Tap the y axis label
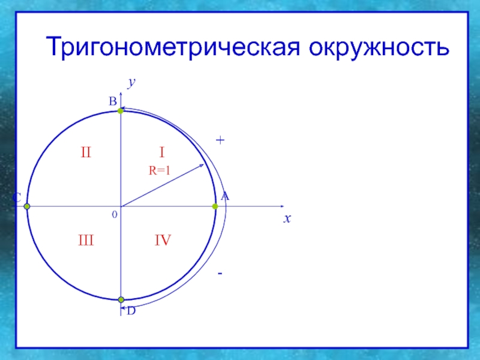coord(130,83)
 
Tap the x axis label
coord(287,219)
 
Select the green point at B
coord(121,111)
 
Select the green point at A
coord(215,206)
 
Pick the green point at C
coord(27,206)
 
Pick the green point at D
coord(121,299)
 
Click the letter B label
coord(112,103)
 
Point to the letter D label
coord(131,311)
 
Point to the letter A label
coord(225,196)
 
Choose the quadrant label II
coord(86,153)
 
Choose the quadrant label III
coord(86,241)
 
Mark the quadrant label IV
coord(163,241)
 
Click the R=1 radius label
coord(160,172)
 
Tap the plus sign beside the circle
coord(220,140)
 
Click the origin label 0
coord(114,214)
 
